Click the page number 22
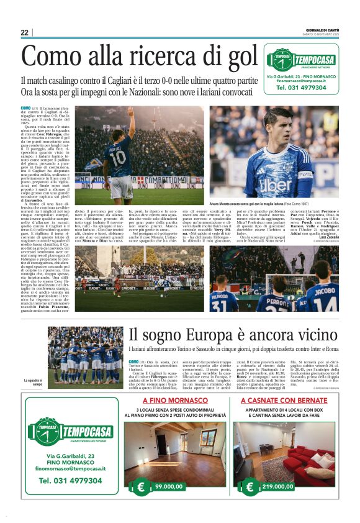[24, 32]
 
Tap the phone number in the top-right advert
[302, 88]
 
